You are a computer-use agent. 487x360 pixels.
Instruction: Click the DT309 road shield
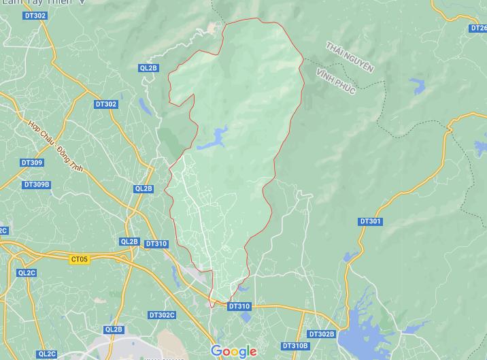point(32,163)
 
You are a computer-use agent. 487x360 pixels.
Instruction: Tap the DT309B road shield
point(37,184)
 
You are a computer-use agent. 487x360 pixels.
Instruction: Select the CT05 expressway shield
point(80,259)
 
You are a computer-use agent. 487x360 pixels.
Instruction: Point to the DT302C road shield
point(162,315)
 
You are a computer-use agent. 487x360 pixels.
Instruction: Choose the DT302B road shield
point(321,334)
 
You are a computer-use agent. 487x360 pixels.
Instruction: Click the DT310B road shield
point(295,346)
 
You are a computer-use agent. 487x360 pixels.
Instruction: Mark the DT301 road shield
point(370,221)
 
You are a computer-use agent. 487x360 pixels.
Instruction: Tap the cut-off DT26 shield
point(479,28)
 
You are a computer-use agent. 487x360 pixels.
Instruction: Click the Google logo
point(233,351)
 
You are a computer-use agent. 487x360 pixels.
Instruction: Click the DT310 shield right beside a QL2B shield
point(156,244)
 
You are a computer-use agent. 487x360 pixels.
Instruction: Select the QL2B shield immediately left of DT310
point(129,242)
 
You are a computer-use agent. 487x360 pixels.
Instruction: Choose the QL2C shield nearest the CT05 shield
point(27,273)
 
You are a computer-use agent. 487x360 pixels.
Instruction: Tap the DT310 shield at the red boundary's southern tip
point(239,306)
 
